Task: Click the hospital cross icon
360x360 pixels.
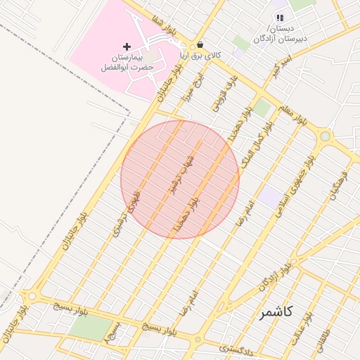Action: (x=127, y=46)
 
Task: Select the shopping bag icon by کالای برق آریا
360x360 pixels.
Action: (x=201, y=44)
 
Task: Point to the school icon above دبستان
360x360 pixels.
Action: (x=280, y=18)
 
